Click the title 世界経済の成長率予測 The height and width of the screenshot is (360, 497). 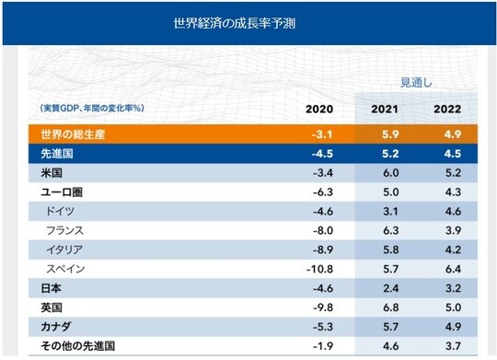click(248, 22)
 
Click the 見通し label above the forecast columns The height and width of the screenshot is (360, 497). click(416, 83)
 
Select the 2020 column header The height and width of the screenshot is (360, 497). click(321, 110)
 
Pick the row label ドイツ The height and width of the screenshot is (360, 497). click(62, 213)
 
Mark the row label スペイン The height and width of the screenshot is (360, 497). click(67, 270)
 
